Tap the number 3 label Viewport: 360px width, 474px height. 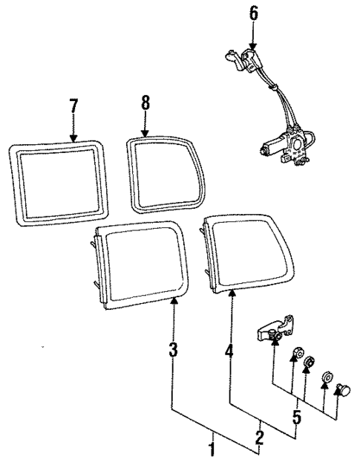[x=172, y=349]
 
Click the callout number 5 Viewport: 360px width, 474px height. [x=295, y=418]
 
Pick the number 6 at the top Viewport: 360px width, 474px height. [x=253, y=13]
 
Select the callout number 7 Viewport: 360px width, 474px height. [x=73, y=106]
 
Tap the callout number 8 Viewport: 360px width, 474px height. [x=145, y=103]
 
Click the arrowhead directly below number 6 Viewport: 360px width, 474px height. [x=253, y=46]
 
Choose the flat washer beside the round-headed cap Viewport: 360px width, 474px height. [x=326, y=382]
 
